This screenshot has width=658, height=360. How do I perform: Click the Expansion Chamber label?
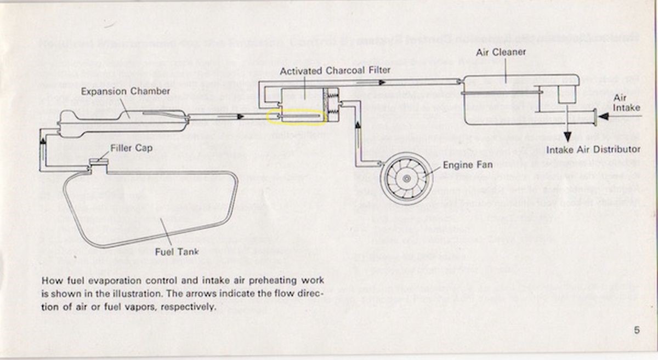click(x=126, y=91)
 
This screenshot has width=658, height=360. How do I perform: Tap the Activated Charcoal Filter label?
click(x=335, y=71)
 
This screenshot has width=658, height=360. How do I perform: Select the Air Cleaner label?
click(x=501, y=52)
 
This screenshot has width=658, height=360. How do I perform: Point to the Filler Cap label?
click(x=131, y=148)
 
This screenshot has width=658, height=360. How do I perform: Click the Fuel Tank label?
click(x=177, y=252)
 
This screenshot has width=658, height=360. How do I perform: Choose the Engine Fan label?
click(x=468, y=164)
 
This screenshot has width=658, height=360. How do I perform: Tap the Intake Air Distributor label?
click(x=594, y=149)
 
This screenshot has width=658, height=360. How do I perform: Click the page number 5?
click(x=637, y=330)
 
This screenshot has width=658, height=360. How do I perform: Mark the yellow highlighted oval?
click(x=297, y=117)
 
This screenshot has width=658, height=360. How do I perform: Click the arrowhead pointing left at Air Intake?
click(x=603, y=116)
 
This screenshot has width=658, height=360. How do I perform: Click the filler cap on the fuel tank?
click(x=99, y=161)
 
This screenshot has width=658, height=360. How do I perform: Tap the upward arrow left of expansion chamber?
click(x=42, y=142)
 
